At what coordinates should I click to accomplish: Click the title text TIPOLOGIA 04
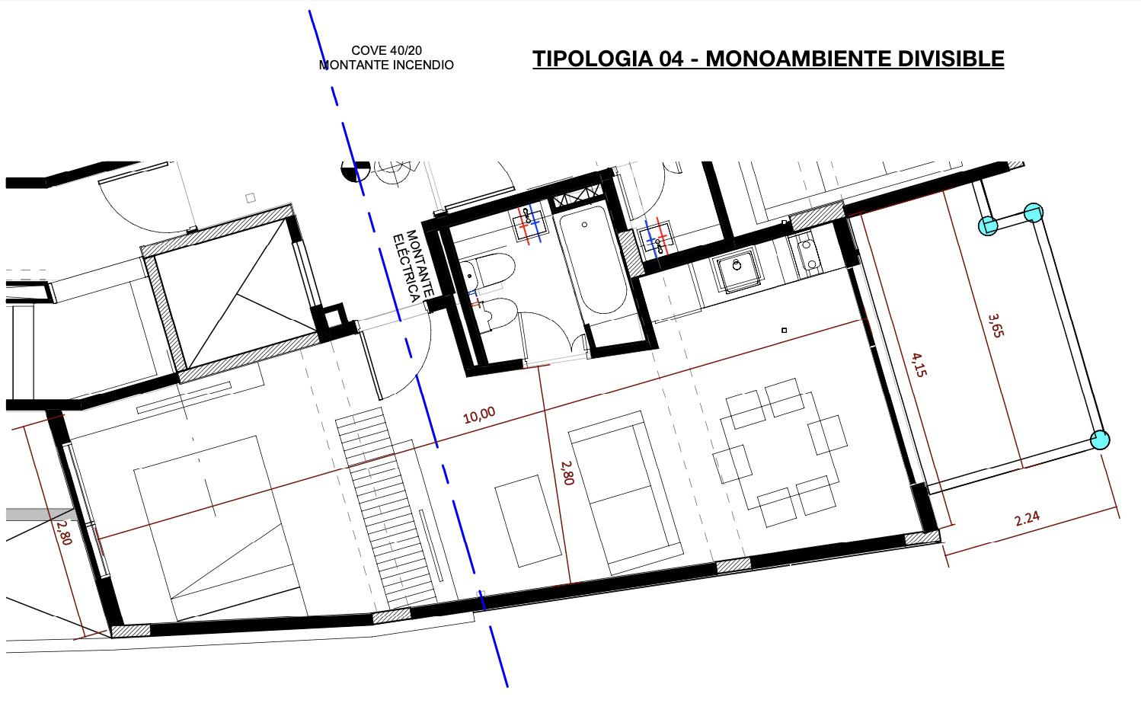tap(608, 59)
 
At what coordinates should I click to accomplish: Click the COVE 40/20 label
tap(387, 50)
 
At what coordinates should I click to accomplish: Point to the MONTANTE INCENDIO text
tap(386, 66)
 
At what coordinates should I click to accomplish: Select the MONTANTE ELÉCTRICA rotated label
tap(413, 266)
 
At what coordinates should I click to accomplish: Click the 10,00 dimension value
tap(479, 415)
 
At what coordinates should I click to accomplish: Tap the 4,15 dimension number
tap(919, 365)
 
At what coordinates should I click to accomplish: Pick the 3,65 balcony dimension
tap(996, 325)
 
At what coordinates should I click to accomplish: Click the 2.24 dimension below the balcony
tap(1027, 519)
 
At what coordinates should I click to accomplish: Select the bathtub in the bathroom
tap(593, 259)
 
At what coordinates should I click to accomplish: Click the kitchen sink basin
tap(737, 270)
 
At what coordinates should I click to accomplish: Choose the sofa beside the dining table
tap(625, 494)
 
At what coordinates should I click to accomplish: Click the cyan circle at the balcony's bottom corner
tap(1100, 440)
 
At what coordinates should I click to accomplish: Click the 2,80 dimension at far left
tap(64, 532)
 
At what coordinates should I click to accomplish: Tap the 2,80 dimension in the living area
tap(567, 473)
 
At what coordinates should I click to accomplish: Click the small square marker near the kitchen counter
tap(785, 331)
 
